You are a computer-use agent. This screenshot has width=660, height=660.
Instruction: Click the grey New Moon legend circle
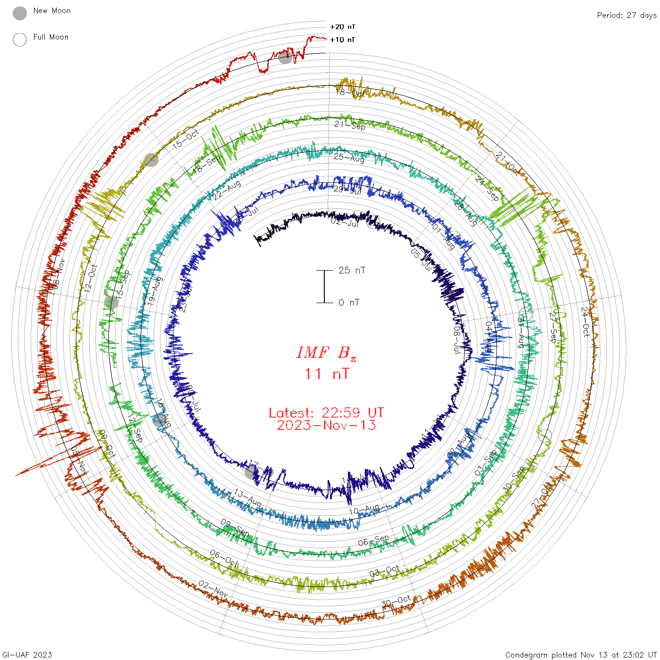20,14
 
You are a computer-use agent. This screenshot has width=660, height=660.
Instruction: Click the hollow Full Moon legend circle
20,40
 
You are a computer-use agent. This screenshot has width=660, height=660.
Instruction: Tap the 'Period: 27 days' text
627,15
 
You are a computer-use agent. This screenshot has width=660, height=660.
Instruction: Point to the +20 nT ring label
343,27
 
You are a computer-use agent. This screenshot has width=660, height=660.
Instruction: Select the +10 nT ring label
343,40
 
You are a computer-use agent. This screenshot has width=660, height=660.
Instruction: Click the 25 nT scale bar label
352,270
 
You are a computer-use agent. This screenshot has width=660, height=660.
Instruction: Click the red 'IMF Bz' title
326,353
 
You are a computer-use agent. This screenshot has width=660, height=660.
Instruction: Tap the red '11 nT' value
327,374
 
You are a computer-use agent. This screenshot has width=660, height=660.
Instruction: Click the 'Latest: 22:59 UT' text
326,413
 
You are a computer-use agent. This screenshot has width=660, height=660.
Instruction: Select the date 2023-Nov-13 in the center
326,425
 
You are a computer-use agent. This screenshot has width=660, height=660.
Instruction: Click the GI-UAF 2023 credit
27,654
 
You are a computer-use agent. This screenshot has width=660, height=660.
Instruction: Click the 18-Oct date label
350,92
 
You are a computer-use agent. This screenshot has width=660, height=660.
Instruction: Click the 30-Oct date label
396,602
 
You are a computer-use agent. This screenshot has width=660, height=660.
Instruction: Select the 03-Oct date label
384,571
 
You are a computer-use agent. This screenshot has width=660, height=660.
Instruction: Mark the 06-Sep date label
373,540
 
